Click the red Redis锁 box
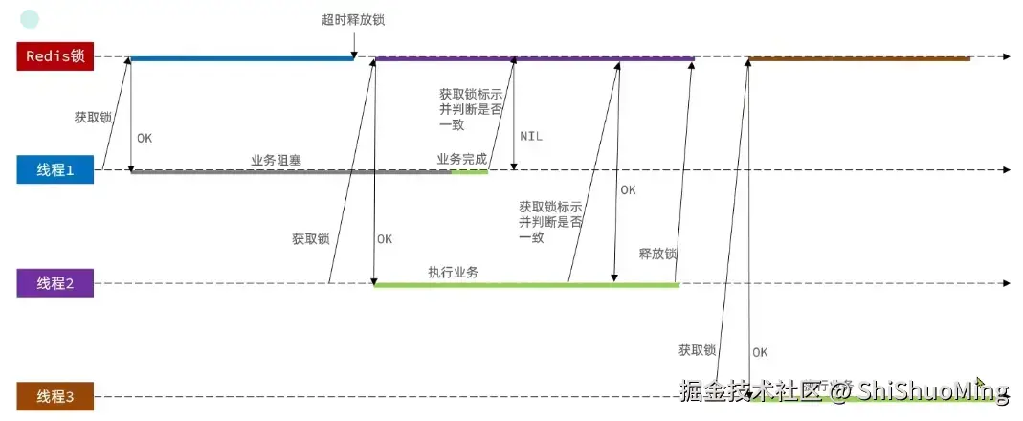(56, 56)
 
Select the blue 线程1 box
(56, 170)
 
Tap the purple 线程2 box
(56, 283)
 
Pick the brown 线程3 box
(56, 396)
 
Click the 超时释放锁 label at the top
(354, 19)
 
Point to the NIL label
(531, 137)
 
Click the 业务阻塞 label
(277, 160)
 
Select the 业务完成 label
(462, 159)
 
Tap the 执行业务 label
(454, 272)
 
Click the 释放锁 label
(657, 255)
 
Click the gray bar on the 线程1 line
(287, 172)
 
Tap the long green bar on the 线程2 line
(525, 285)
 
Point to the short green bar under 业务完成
(469, 172)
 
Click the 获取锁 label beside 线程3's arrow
(697, 350)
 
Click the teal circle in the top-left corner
(30, 18)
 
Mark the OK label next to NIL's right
(628, 189)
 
